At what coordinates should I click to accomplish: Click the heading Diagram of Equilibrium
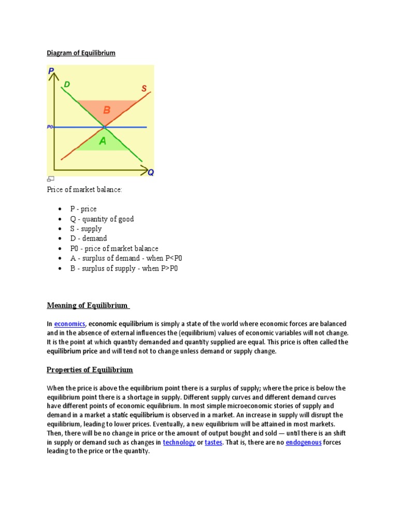[x=81, y=53]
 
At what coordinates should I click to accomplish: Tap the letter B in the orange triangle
[x=107, y=110]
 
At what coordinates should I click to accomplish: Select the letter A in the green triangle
[x=103, y=141]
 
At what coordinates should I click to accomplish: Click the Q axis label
[x=150, y=173]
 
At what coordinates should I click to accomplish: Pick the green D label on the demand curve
[x=67, y=84]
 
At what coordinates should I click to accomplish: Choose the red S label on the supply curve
[x=144, y=89]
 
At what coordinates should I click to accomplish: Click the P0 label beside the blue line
[x=50, y=127]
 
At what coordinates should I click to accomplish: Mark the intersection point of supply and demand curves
[x=104, y=127]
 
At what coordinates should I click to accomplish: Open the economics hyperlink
[x=69, y=324]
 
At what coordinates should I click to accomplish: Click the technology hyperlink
[x=179, y=442]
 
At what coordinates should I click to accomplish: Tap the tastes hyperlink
[x=214, y=442]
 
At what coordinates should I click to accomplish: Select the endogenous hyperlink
[x=303, y=442]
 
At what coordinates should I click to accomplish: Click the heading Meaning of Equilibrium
[x=88, y=305]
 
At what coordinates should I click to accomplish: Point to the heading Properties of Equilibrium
[x=90, y=370]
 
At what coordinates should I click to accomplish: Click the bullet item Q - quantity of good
[x=102, y=219]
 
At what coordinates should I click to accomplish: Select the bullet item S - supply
[x=86, y=229]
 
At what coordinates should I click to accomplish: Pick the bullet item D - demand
[x=89, y=239]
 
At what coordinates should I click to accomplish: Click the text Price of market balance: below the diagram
[x=84, y=190]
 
